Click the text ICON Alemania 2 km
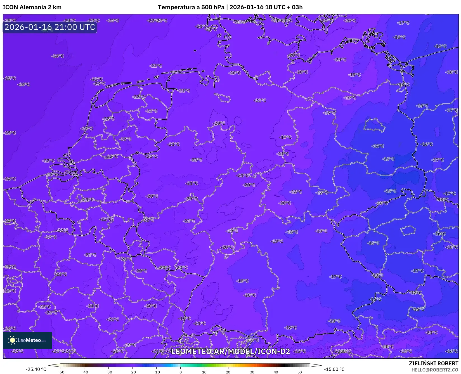[x=32, y=7]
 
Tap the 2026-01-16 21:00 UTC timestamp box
[x=50, y=27]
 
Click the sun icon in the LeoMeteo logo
[x=12, y=340]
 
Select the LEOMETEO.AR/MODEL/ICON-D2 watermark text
[x=230, y=351]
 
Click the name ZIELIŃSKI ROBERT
[x=434, y=363]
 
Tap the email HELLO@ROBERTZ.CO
[x=435, y=370]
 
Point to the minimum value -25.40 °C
[x=36, y=369]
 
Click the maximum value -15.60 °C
[x=334, y=369]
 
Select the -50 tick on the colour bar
[x=61, y=372]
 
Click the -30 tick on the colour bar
[x=108, y=372]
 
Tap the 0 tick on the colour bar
[x=180, y=372]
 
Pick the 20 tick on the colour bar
[x=228, y=372]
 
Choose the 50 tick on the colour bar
[x=300, y=372]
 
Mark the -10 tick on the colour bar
[x=156, y=372]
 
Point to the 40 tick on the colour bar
[x=276, y=372]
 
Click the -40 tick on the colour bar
[x=84, y=372]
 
